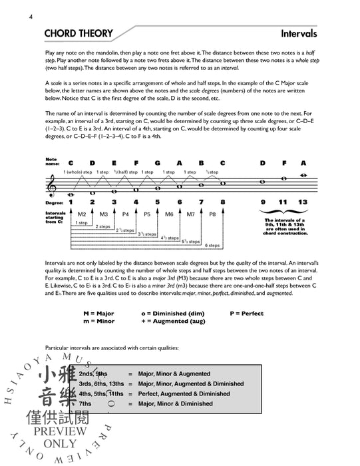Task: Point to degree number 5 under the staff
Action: (x=157, y=202)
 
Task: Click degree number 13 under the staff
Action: (x=303, y=202)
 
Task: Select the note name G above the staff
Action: (x=157, y=162)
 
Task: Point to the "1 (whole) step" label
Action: (x=78, y=172)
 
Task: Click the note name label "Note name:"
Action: (x=52, y=162)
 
